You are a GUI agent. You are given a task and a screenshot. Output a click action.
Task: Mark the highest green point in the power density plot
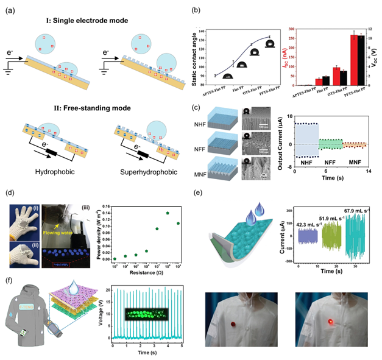167,213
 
